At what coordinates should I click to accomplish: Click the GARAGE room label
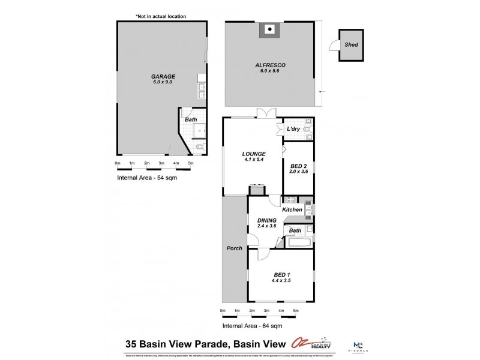[x=163, y=77]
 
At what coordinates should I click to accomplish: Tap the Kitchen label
[x=292, y=209]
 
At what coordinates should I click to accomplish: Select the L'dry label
[x=293, y=130]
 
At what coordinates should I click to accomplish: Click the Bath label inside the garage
[x=191, y=119]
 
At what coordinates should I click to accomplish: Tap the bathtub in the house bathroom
[x=298, y=242]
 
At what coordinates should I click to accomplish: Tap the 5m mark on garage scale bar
[x=191, y=163]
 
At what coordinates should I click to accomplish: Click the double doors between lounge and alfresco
[x=265, y=112]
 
